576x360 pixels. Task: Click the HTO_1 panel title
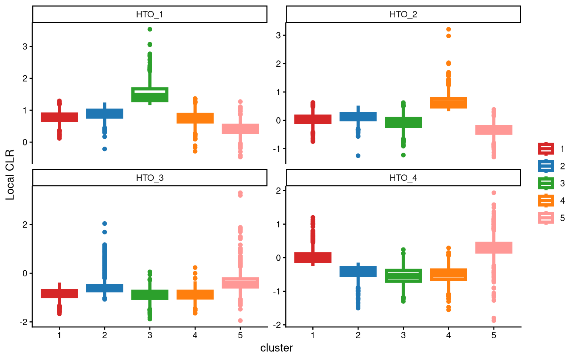point(150,15)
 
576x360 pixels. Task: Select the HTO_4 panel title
point(403,178)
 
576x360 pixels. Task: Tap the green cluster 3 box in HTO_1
point(150,94)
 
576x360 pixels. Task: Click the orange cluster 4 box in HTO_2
point(448,102)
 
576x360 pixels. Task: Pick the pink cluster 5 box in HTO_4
point(493,247)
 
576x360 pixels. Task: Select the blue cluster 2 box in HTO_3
point(105,288)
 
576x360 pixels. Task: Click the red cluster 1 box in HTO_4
point(313,257)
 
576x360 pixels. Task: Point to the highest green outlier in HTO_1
point(150,29)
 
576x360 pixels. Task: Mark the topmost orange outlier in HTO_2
point(448,29)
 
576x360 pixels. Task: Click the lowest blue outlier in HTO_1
point(105,149)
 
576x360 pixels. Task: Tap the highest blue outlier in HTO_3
point(105,223)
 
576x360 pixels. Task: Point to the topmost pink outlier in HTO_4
point(493,193)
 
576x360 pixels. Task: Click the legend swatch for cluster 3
point(546,183)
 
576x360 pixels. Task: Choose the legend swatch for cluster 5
point(546,218)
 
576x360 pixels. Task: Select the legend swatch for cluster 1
point(546,149)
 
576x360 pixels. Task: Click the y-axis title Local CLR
point(10,174)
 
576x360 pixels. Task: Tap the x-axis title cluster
point(276,348)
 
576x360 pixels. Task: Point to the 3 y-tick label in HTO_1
point(25,46)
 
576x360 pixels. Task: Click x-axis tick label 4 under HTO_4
point(448,335)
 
